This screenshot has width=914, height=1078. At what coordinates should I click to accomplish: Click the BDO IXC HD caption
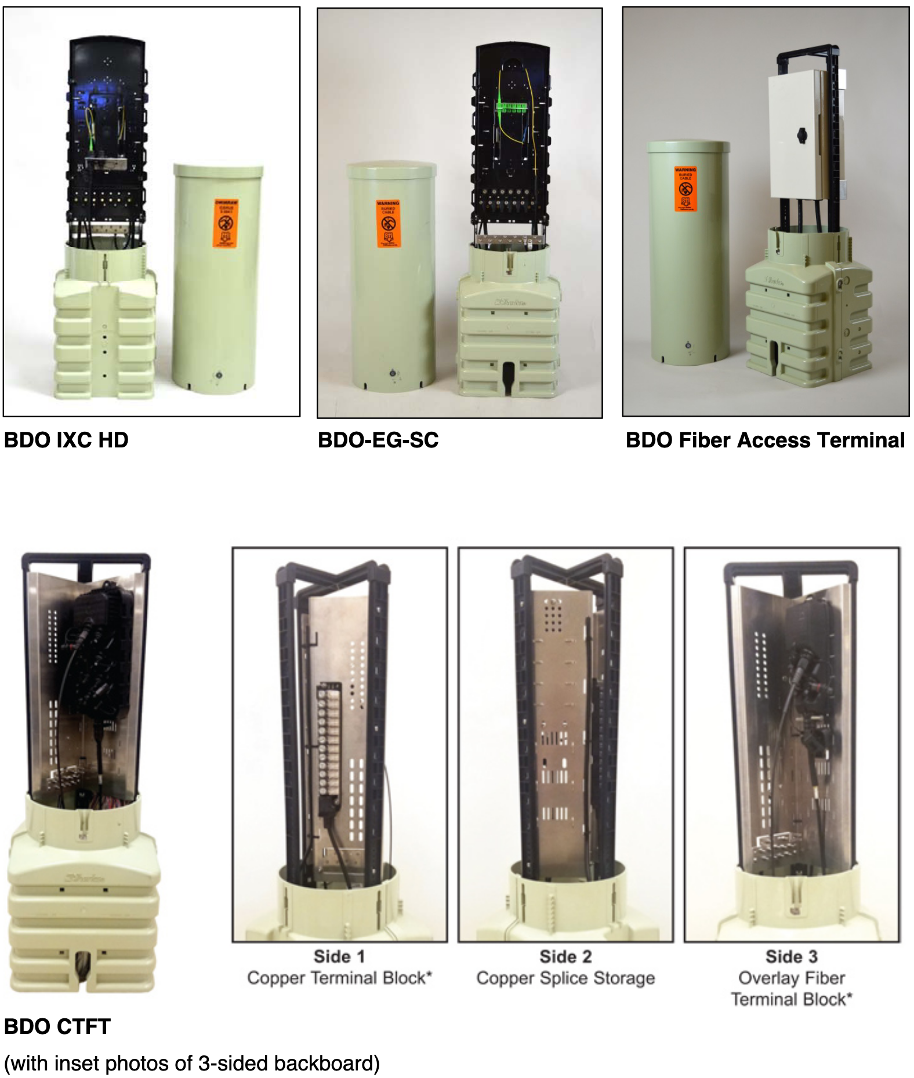(x=66, y=440)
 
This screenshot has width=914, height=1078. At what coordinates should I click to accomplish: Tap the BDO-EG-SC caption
(x=378, y=440)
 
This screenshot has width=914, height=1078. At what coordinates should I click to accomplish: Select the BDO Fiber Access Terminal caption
(x=765, y=440)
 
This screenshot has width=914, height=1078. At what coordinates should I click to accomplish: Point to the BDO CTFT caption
(x=57, y=1026)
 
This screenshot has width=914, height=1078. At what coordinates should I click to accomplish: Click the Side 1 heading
(x=339, y=956)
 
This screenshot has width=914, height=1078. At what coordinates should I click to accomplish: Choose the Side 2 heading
(x=565, y=956)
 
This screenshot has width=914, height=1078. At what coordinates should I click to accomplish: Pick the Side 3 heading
(x=792, y=956)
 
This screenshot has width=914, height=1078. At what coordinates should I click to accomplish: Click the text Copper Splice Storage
(x=565, y=978)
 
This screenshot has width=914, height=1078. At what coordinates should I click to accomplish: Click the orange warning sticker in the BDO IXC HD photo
(x=226, y=224)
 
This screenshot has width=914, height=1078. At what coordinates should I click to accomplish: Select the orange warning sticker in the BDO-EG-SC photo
(x=388, y=224)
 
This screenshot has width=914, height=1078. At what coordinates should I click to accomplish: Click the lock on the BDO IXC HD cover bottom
(x=219, y=375)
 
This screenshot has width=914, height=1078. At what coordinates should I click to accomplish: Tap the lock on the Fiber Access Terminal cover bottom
(x=688, y=345)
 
